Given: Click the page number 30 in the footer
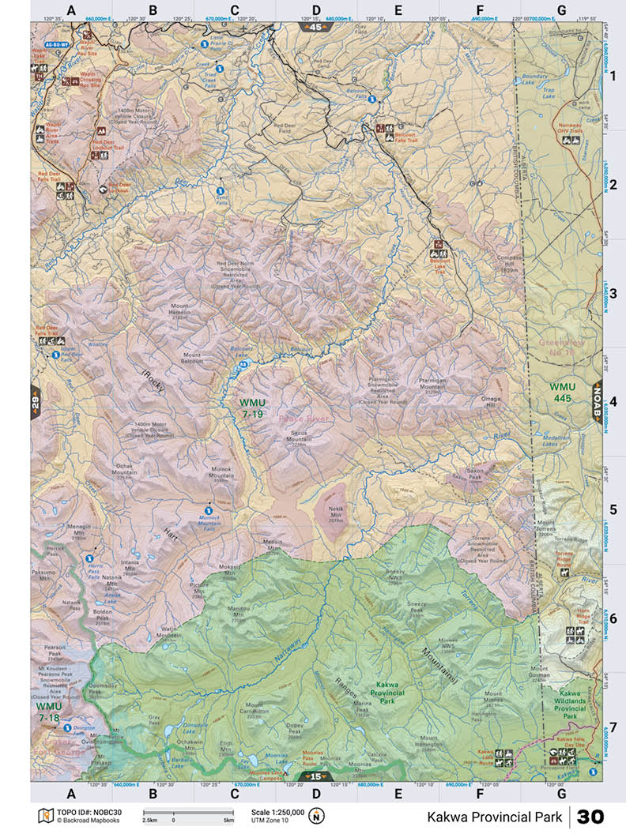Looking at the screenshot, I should (x=590, y=816).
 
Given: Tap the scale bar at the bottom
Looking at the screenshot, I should (x=187, y=813).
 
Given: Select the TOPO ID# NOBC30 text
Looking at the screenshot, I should (x=80, y=811).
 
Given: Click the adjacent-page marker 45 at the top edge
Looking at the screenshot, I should (x=315, y=27).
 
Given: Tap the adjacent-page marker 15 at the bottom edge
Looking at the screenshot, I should (x=315, y=777).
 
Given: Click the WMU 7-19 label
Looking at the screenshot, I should (x=253, y=408).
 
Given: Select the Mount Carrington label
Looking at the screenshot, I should (x=258, y=708).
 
